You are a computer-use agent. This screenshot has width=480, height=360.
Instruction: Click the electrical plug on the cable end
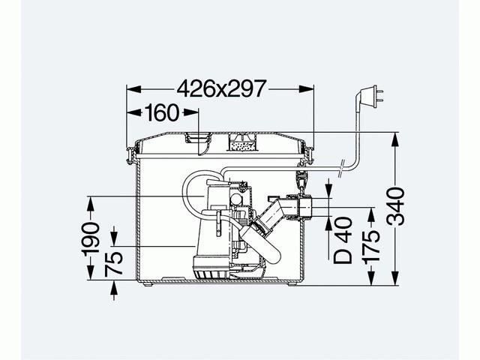(x=373, y=96)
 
